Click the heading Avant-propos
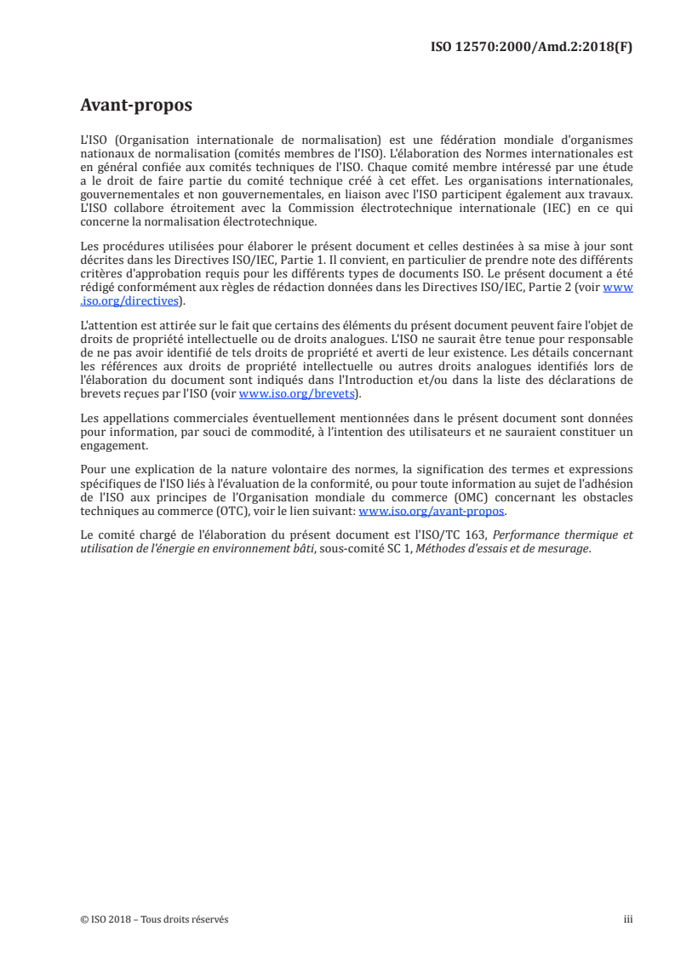(x=136, y=106)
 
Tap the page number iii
(x=628, y=919)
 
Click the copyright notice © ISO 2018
(x=107, y=919)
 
